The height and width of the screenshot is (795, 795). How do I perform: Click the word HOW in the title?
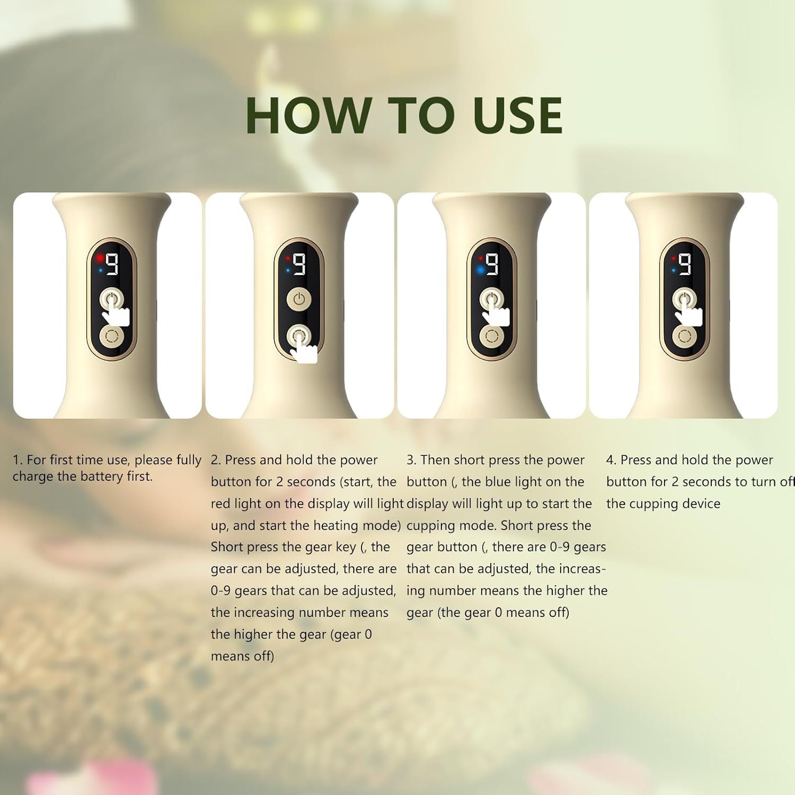307,115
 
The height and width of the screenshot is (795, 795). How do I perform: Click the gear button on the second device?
299,336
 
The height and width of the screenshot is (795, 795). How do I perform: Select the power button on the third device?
491,300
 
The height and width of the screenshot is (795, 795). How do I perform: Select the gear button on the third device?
491,337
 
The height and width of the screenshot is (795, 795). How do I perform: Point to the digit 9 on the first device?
112,263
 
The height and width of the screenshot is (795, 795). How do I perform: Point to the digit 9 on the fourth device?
685,263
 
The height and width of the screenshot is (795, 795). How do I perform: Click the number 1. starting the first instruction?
17,460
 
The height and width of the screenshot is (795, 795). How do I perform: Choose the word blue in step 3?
483,482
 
